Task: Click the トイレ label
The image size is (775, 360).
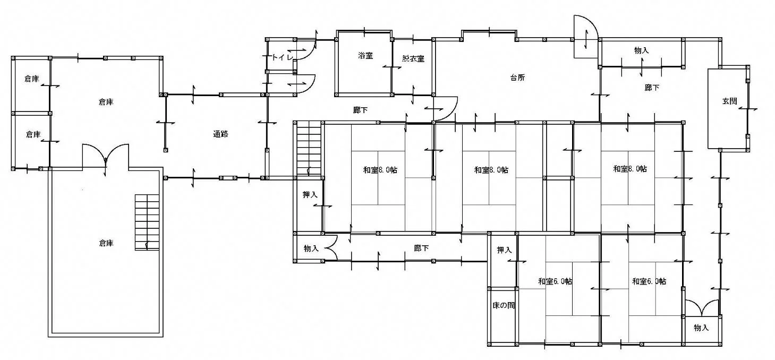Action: pyautogui.click(x=283, y=57)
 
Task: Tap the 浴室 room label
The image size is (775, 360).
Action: pyautogui.click(x=365, y=55)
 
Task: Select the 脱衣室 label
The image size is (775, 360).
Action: pyautogui.click(x=413, y=58)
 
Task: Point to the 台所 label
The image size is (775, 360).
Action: pyautogui.click(x=517, y=78)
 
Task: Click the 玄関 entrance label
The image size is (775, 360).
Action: pyautogui.click(x=729, y=101)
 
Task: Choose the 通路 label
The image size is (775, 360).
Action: pyautogui.click(x=221, y=134)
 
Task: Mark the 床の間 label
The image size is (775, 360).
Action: pyautogui.click(x=504, y=305)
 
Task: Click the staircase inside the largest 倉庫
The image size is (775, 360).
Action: pyautogui.click(x=147, y=222)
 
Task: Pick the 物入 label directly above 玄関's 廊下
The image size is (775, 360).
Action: pyautogui.click(x=642, y=50)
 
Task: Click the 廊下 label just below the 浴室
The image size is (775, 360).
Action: pyautogui.click(x=360, y=110)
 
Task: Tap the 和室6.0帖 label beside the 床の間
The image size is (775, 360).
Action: pyautogui.click(x=555, y=281)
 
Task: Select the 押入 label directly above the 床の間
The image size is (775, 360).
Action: pyautogui.click(x=504, y=250)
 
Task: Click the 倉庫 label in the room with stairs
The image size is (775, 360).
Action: pyautogui.click(x=106, y=243)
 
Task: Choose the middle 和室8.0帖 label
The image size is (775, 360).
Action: pyautogui.click(x=491, y=170)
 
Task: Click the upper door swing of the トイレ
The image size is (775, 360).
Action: pyautogui.click(x=305, y=50)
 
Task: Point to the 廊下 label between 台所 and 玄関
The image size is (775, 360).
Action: pyautogui.click(x=652, y=88)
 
